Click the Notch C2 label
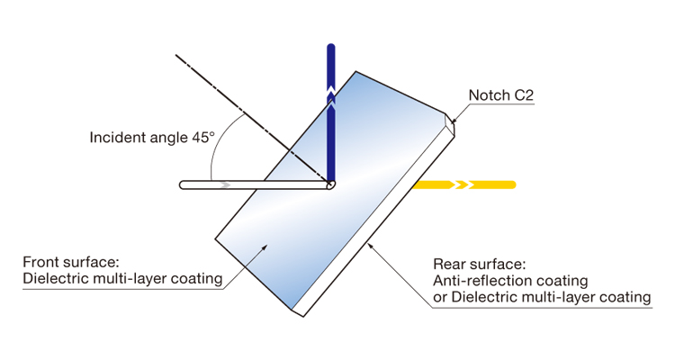pos(501,94)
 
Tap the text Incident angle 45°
pos(152,138)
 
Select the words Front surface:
pos(69,262)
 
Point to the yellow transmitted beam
pos(490,184)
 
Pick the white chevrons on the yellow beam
pos(462,184)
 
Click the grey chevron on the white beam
pos(224,184)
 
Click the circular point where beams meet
pos(330,184)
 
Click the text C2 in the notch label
pos(524,94)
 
